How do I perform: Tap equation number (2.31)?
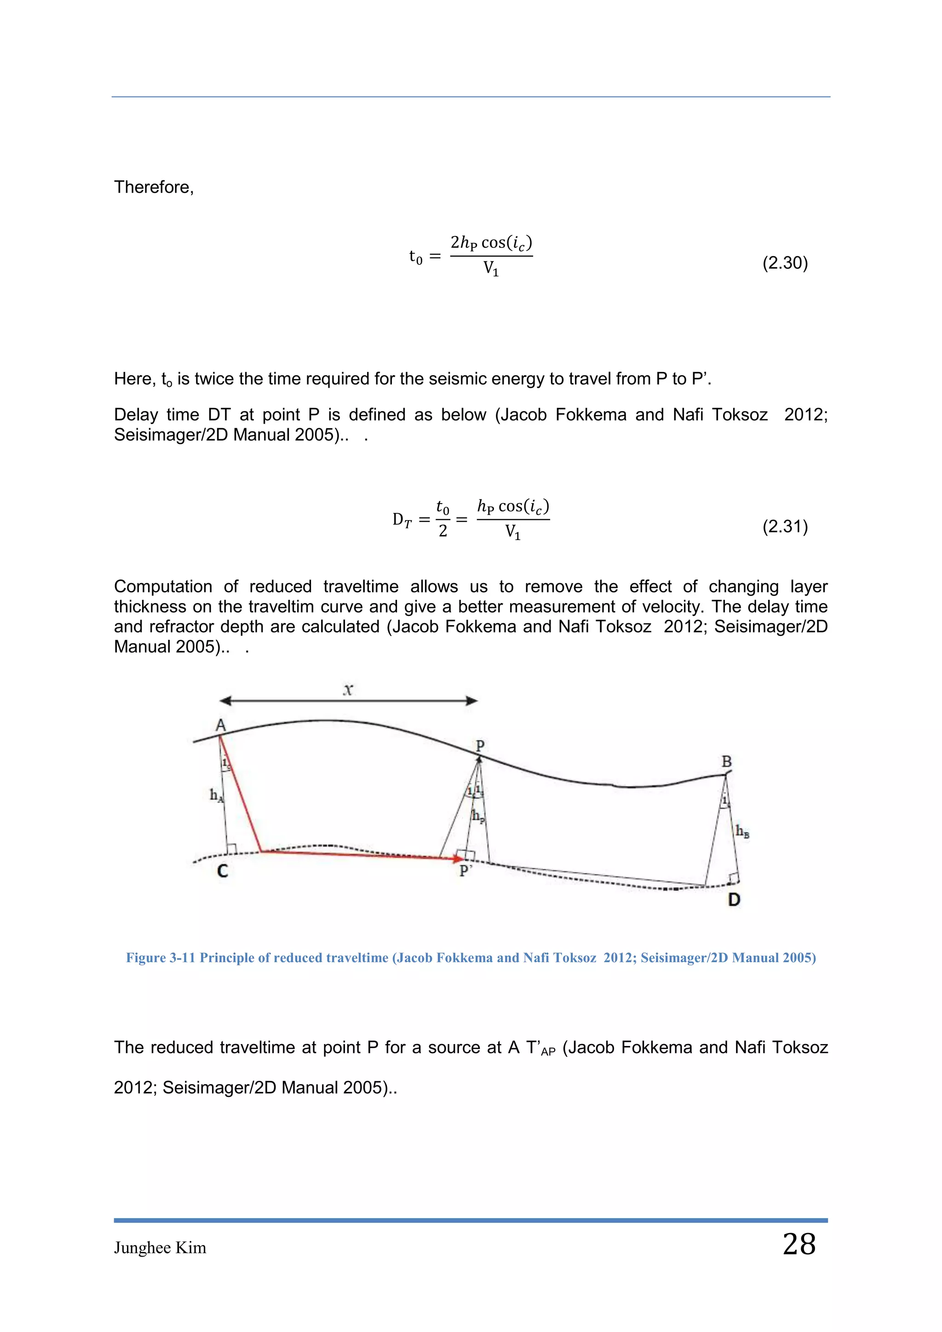tap(785, 526)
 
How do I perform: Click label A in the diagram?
tap(220, 725)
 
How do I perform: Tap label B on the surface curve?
tap(726, 761)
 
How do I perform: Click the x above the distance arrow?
tap(348, 689)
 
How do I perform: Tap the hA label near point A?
tap(216, 795)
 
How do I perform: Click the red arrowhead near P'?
tap(458, 858)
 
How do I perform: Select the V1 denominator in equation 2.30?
tap(491, 269)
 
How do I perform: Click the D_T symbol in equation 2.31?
tap(402, 520)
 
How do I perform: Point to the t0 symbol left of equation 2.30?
tap(415, 257)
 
